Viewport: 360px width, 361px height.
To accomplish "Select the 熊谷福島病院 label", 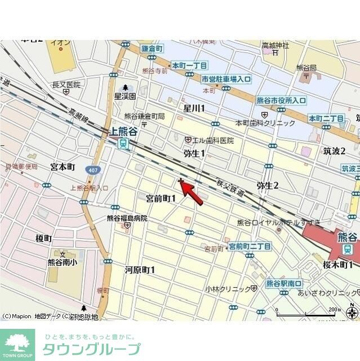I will tap(127, 218).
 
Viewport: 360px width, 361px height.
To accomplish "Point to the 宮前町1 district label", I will tap(161, 198).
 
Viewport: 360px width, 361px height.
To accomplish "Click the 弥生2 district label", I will tap(268, 184).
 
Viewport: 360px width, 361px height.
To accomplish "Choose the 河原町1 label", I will tap(140, 270).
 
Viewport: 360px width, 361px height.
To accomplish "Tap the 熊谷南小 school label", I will tap(63, 262).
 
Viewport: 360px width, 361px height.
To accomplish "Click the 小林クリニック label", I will tap(228, 289).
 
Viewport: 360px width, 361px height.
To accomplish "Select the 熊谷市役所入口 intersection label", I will tap(281, 100).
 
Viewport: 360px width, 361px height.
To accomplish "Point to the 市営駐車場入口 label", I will tap(226, 80).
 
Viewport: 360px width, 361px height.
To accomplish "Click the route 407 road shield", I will tap(93, 169).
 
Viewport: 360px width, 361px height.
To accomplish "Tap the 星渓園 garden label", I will tap(125, 96).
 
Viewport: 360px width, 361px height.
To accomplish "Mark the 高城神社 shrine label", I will tap(275, 45).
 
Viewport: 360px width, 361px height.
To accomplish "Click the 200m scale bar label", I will tap(335, 310).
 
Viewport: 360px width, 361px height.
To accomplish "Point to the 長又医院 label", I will tap(66, 85).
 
